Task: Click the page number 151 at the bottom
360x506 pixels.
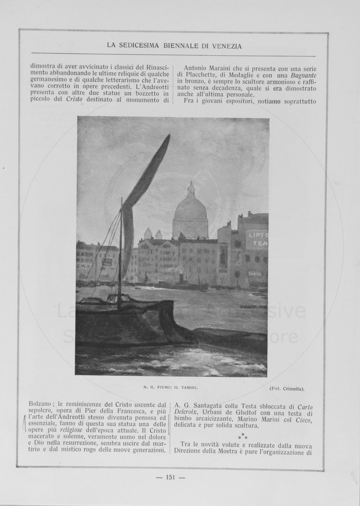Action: (x=170, y=477)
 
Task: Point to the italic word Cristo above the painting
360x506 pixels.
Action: (x=75, y=100)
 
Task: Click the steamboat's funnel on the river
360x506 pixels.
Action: (x=182, y=278)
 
